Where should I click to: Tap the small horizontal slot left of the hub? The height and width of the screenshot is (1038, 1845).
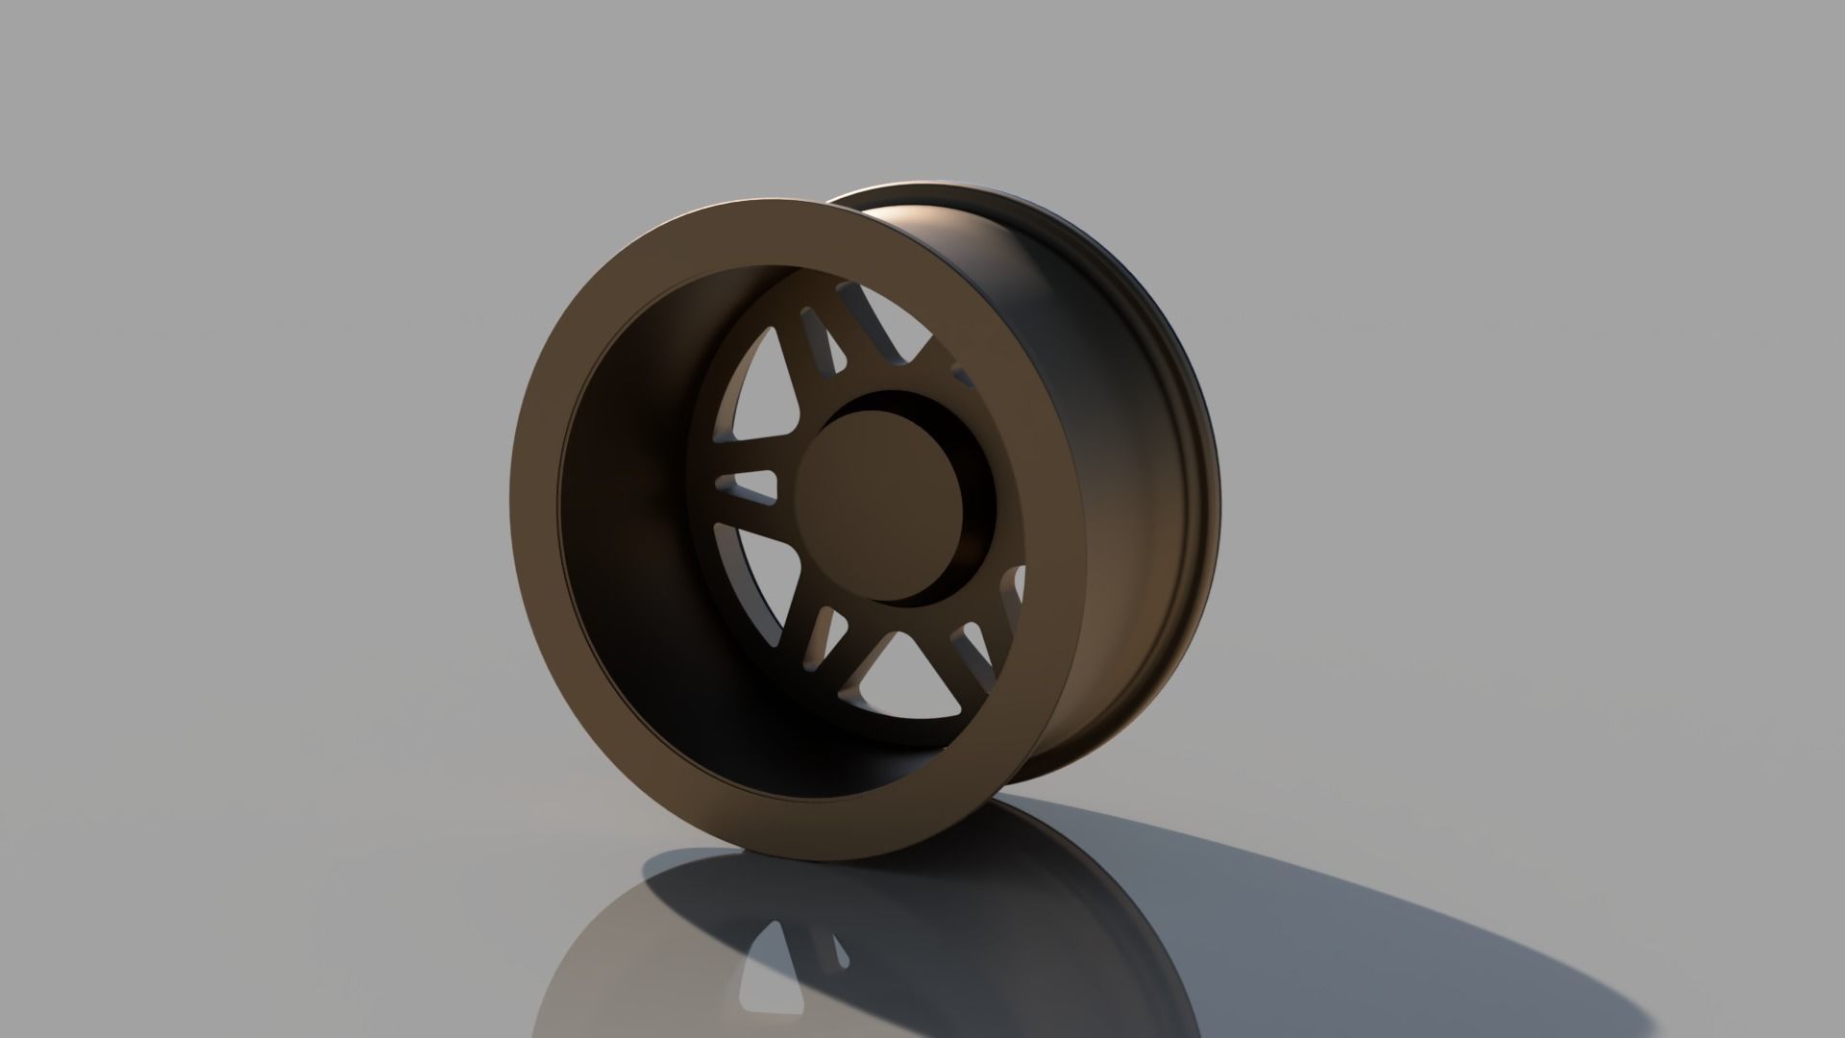pos(747,487)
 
